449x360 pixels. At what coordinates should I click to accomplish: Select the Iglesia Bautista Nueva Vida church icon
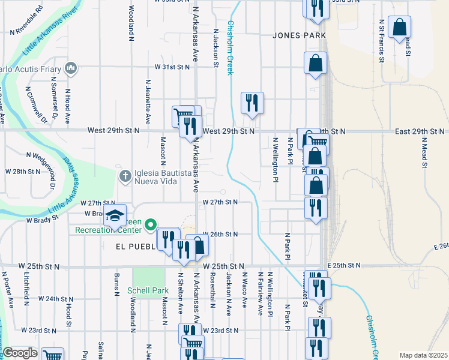click(x=125, y=176)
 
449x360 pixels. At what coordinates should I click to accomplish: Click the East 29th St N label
click(x=420, y=131)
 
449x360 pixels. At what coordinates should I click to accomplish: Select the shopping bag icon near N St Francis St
click(x=399, y=27)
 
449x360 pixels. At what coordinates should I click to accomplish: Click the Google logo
click(x=20, y=353)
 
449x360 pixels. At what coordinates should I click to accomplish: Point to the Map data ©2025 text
click(x=423, y=355)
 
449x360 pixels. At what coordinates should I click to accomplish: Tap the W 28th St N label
click(x=23, y=172)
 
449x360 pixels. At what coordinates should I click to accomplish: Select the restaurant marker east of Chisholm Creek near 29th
click(x=252, y=102)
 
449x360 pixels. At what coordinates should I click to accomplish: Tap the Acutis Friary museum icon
click(x=71, y=67)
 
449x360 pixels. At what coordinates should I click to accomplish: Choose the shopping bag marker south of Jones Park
click(x=316, y=63)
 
